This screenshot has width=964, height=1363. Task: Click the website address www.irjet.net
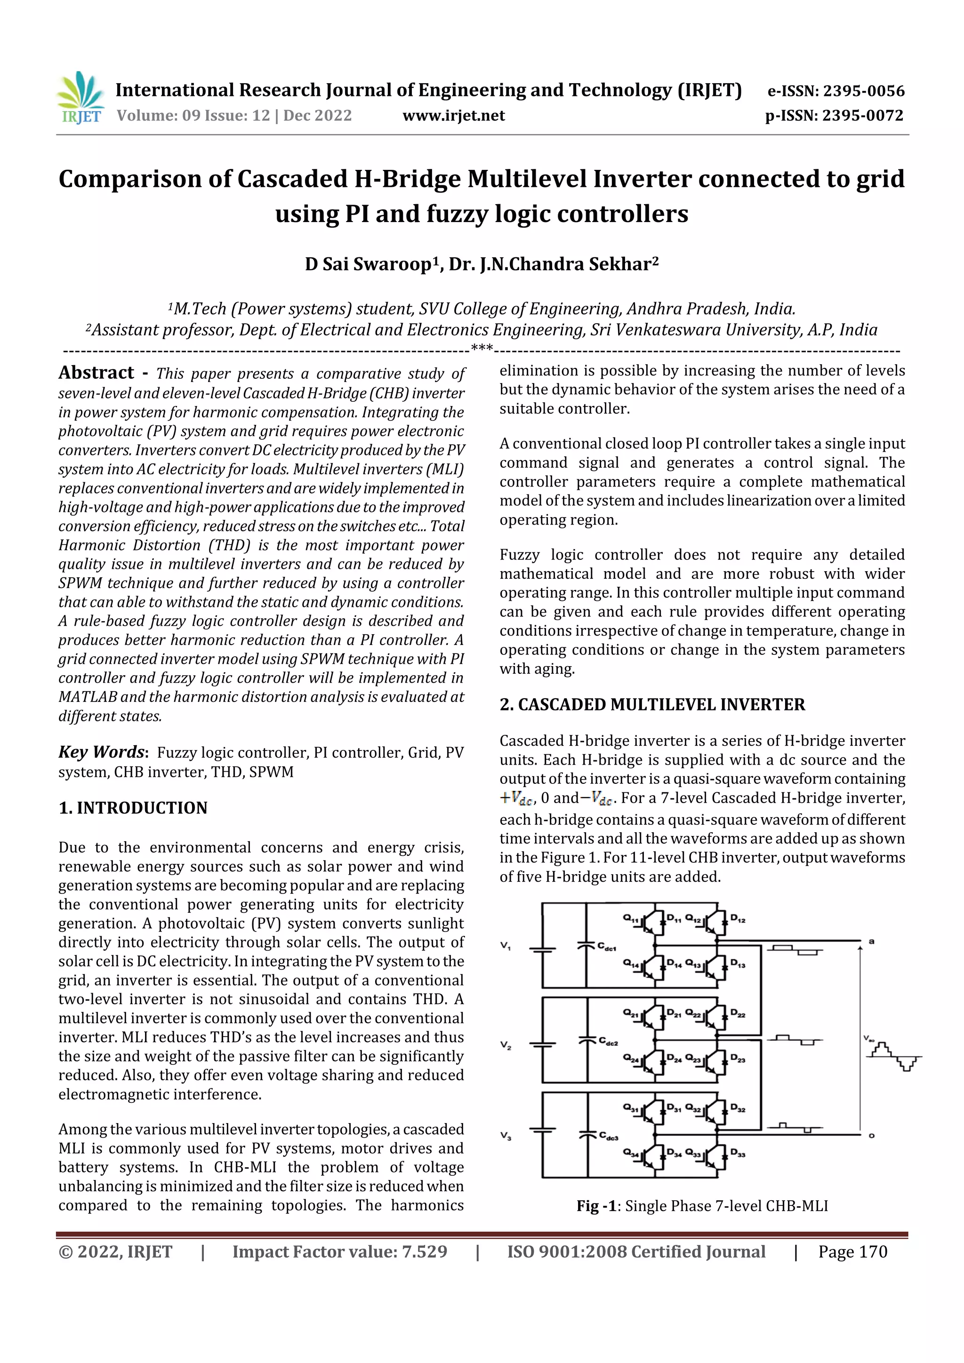pos(453,116)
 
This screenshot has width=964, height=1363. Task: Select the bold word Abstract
pos(96,373)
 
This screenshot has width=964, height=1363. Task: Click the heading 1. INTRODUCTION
pos(133,808)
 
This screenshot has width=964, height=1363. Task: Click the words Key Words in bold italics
pos(101,752)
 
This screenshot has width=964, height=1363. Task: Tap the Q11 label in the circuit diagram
pos(630,918)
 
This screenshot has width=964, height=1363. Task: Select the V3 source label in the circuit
pos(506,1136)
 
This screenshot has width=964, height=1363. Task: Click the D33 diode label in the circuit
pos(738,1153)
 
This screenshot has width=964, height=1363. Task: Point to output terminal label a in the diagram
pos(871,941)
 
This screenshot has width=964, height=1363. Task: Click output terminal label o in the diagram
pos(871,1136)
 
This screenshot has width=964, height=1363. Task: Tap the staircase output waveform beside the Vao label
pos(894,1056)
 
